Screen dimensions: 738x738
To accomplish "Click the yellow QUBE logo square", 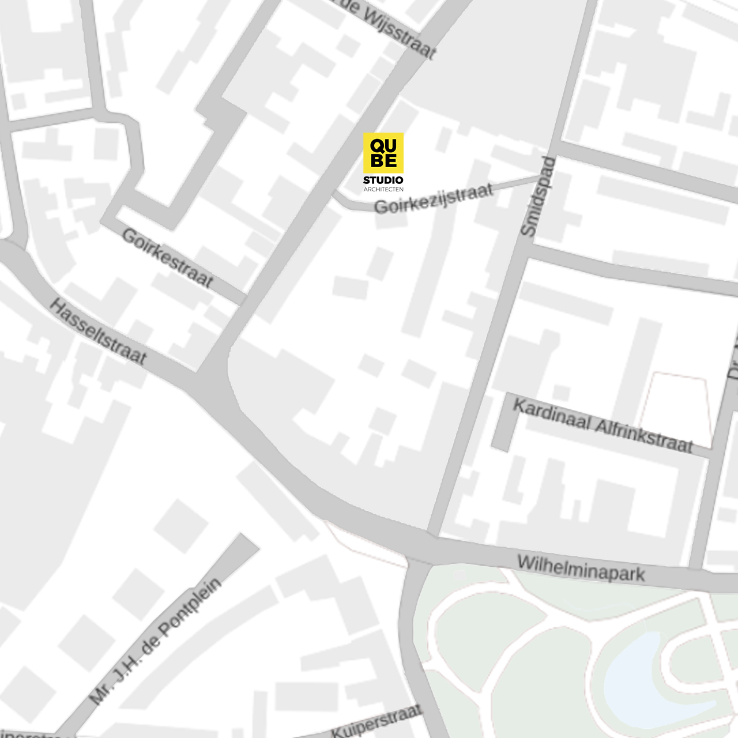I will tap(383, 153).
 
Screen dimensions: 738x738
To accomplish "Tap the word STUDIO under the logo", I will tap(383, 181).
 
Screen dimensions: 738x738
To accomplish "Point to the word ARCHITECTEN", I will tap(383, 189).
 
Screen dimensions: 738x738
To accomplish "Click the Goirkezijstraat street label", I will tap(434, 198).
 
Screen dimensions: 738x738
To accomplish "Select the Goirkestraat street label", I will tap(167, 258).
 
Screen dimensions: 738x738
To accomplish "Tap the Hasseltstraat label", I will tap(97, 332).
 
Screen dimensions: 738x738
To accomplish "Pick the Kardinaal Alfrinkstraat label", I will tap(603, 426).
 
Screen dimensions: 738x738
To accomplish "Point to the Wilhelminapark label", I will tap(581, 568).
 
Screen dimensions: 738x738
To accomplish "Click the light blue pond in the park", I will tap(634, 675).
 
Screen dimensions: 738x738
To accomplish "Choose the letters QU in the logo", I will tap(383, 144).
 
